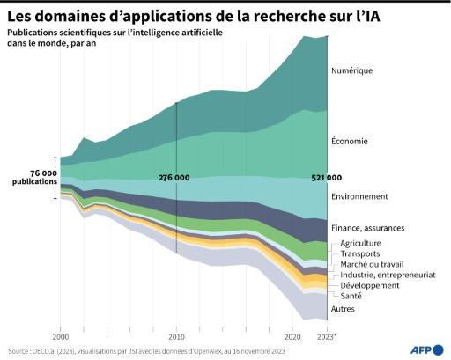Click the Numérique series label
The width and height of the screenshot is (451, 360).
[351, 70]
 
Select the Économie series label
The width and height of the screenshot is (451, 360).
[350, 141]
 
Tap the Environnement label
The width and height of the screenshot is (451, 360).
[359, 196]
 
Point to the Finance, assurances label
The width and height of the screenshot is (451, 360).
[368, 228]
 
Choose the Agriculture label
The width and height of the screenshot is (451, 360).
[360, 244]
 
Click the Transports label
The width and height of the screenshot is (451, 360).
[360, 253]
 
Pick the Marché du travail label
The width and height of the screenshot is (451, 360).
[372, 264]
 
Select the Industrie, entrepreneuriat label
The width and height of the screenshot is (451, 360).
[388, 275]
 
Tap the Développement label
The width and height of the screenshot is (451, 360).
[370, 285]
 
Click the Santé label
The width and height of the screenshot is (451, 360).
[351, 296]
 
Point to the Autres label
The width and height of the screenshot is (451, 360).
[343, 309]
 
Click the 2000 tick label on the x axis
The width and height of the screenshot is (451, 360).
[61, 337]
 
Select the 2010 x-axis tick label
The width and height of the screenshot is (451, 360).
[176, 337]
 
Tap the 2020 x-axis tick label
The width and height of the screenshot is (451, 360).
[292, 337]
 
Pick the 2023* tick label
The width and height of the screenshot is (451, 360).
[327, 337]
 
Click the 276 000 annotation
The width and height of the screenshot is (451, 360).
[174, 178]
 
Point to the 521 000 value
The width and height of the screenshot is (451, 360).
[326, 178]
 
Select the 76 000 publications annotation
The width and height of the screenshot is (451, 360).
[35, 177]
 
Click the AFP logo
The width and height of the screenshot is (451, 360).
[426, 350]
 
